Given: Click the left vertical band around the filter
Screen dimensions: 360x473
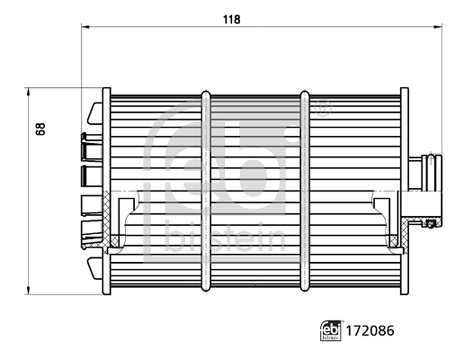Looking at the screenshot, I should (x=207, y=190).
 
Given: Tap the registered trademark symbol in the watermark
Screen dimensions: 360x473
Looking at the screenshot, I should (x=323, y=112).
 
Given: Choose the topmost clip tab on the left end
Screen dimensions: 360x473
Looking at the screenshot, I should (x=94, y=115).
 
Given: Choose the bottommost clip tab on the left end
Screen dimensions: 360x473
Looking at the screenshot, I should (x=94, y=267).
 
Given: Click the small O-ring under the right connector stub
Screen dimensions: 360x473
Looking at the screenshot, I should (x=431, y=223).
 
